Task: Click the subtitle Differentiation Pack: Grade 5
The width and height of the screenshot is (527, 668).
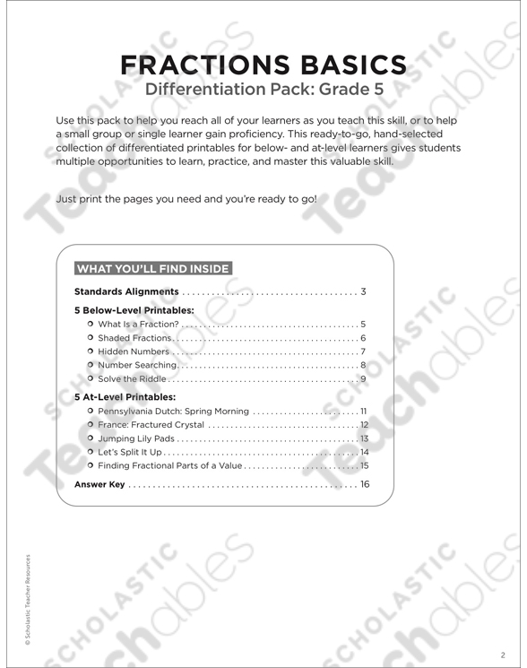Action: (x=263, y=90)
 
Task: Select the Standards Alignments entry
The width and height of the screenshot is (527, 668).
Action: (x=126, y=292)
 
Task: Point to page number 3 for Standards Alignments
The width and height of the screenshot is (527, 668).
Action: (x=365, y=292)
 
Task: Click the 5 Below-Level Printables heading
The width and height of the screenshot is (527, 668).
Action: (x=134, y=309)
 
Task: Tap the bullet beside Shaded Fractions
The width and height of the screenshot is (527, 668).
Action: (x=91, y=338)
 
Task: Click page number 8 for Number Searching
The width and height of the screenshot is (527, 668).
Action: (x=363, y=366)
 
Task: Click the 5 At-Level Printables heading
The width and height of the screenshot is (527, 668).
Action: (x=125, y=396)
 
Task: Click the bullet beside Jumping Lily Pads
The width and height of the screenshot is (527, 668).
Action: (x=91, y=438)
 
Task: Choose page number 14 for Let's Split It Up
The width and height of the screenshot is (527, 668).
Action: (x=364, y=452)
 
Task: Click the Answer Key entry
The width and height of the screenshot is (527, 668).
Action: (x=99, y=485)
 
